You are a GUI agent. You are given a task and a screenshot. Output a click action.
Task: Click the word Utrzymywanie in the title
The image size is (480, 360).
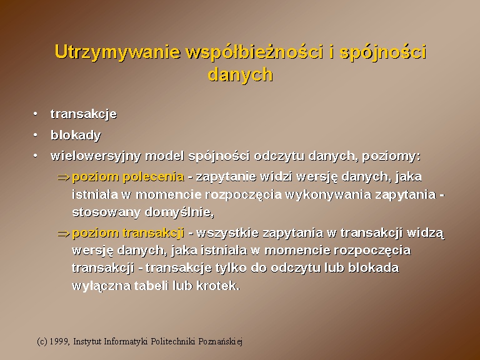[x=117, y=52]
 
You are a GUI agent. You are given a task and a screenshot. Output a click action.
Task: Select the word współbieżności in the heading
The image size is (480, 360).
[x=255, y=52]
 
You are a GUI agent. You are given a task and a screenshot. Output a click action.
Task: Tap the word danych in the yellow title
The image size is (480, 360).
[x=240, y=74]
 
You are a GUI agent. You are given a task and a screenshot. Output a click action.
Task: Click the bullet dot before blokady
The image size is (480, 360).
[x=36, y=135]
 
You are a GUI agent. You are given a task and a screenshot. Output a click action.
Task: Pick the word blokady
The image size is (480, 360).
[x=76, y=135]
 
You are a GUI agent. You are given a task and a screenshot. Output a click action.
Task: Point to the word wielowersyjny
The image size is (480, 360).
[x=96, y=156]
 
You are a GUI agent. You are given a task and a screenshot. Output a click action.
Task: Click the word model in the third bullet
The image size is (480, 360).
[x=164, y=156]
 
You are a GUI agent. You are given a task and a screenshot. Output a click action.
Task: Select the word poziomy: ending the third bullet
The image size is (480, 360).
[x=391, y=156]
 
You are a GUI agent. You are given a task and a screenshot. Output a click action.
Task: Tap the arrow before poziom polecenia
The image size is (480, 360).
[x=64, y=177]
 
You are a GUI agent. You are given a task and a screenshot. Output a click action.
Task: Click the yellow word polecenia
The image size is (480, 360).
[x=153, y=177]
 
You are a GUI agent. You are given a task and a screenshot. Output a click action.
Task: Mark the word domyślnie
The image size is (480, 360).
[x=179, y=212]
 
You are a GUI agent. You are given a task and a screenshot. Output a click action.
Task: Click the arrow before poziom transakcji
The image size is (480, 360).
[x=64, y=234]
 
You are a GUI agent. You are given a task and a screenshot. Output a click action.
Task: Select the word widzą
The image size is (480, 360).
[x=426, y=233]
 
